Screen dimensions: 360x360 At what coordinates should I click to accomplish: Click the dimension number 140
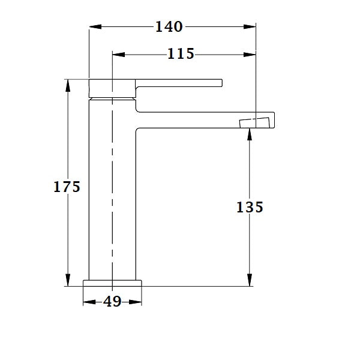(169, 27)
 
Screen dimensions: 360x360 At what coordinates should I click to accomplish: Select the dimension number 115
(181, 55)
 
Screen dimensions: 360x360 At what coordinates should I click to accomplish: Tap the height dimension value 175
(67, 187)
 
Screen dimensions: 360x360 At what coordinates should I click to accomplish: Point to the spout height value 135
(250, 207)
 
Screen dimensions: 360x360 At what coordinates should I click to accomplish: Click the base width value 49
(112, 302)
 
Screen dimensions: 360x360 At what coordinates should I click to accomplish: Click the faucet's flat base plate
(113, 283)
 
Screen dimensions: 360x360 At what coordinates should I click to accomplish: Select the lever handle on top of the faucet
(180, 82)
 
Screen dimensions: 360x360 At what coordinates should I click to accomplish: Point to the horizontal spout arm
(198, 119)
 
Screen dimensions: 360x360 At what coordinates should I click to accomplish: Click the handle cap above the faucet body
(112, 88)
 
